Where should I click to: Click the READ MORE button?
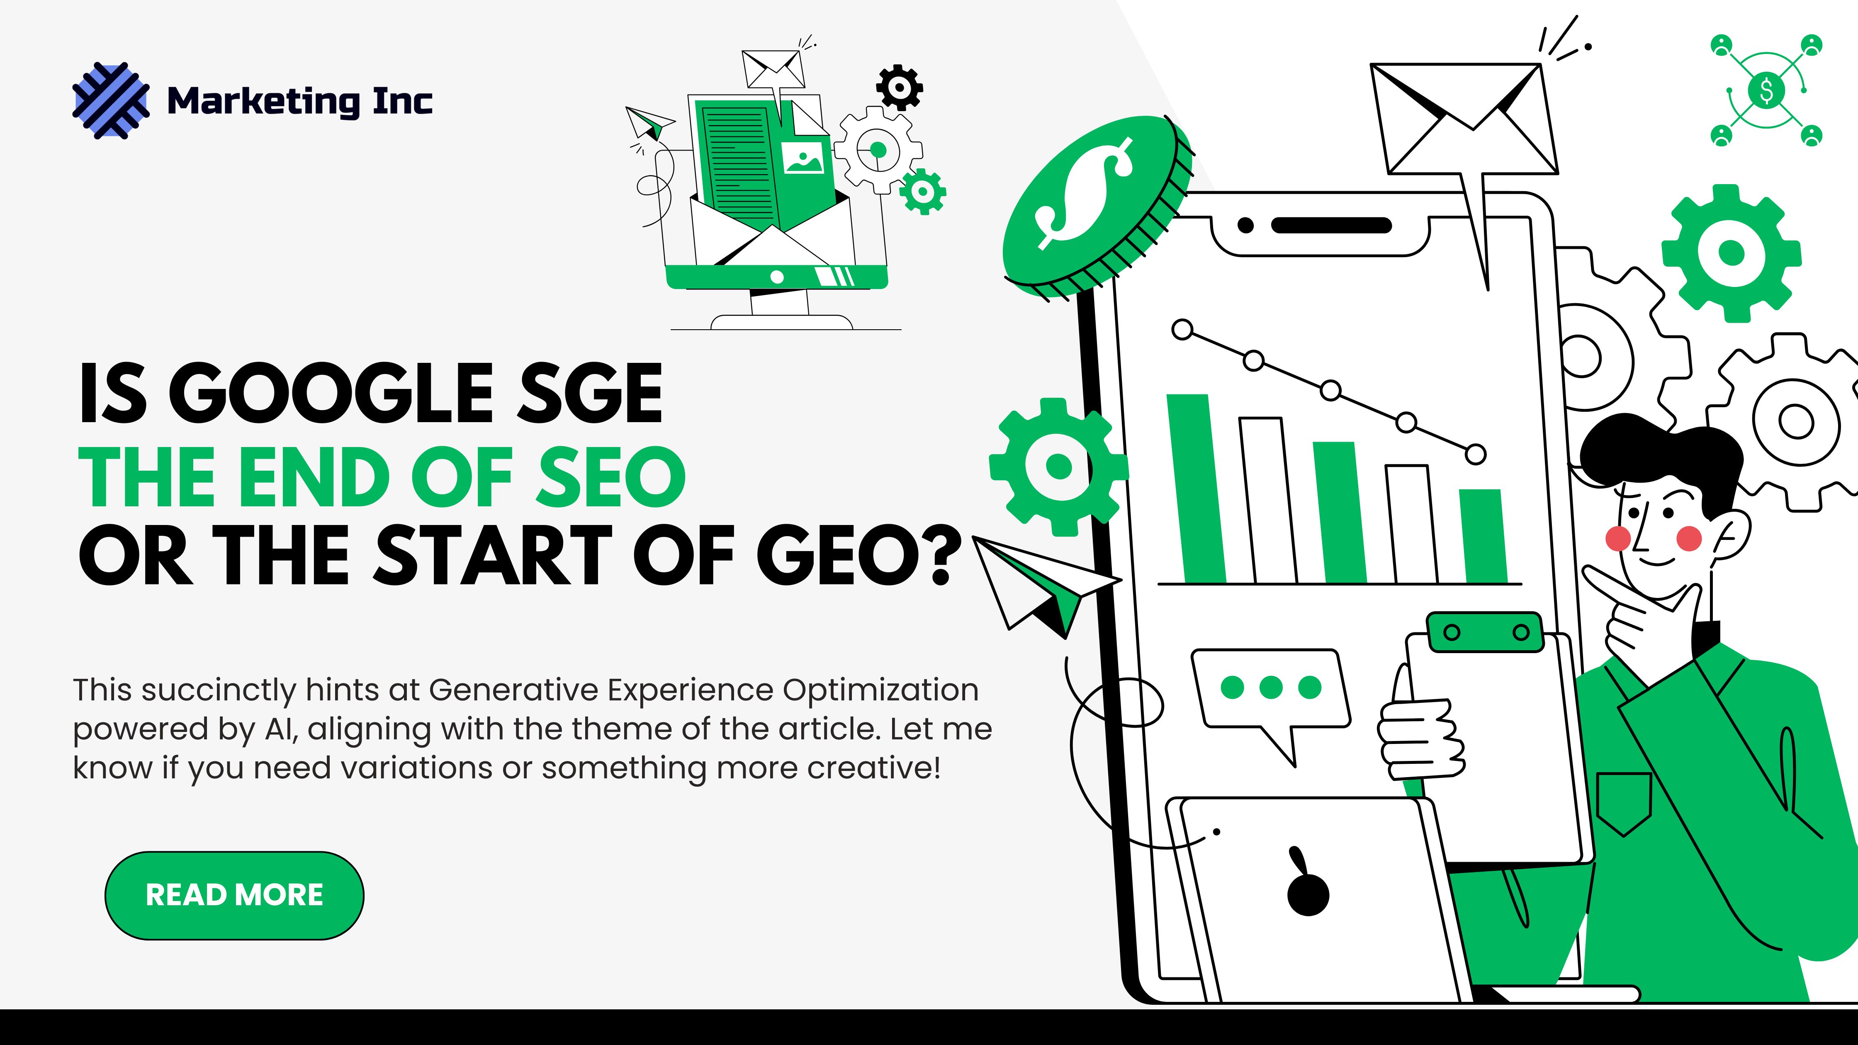point(234,895)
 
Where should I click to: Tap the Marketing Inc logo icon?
point(111,100)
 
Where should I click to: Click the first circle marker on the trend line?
point(1182,330)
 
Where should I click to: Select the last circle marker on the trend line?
point(1476,454)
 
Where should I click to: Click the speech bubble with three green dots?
point(1271,689)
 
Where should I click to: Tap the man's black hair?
point(1659,454)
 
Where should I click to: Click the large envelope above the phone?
point(1464,119)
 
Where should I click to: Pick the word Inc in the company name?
point(402,100)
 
